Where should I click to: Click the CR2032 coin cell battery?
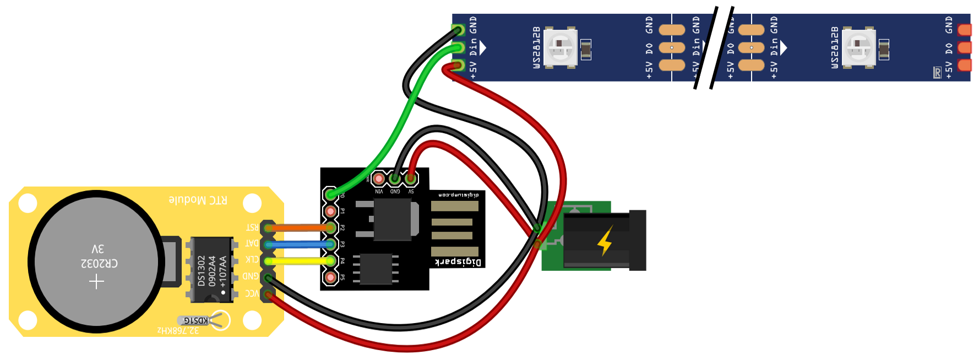(96, 261)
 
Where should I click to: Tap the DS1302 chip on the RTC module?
(211, 270)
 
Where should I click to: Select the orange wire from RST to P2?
(297, 227)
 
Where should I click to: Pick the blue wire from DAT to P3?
(297, 244)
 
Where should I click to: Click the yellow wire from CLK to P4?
(297, 260)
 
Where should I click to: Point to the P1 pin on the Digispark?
(330, 211)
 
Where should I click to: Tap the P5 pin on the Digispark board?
(330, 277)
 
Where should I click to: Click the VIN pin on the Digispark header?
(379, 179)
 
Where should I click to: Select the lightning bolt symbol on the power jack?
(605, 241)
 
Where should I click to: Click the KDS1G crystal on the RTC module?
(196, 320)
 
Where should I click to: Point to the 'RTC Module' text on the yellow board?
(198, 200)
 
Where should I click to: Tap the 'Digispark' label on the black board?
(458, 262)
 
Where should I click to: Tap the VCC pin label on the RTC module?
(252, 293)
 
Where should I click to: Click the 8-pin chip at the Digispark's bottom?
(376, 268)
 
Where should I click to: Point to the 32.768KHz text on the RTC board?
(178, 330)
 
